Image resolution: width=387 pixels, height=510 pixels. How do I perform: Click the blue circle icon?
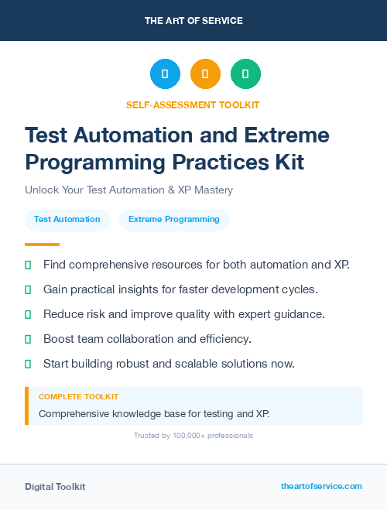click(165, 74)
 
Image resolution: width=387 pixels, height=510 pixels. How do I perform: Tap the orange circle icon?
click(205, 74)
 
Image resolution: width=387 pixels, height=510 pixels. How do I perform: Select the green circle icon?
click(245, 74)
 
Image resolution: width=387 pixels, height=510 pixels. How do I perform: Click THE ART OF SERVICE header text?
click(193, 21)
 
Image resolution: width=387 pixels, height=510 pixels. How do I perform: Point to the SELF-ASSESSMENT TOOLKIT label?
click(193, 104)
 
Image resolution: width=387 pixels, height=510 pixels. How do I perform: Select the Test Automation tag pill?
click(67, 220)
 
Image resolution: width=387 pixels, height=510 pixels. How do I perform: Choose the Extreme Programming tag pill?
click(174, 220)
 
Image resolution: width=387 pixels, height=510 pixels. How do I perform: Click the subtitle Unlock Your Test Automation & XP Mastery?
click(128, 190)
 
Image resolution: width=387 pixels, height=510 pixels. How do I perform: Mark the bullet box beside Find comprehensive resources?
click(28, 265)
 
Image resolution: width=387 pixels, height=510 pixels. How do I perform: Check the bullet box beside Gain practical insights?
click(28, 289)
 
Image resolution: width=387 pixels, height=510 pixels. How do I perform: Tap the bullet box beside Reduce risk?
click(28, 314)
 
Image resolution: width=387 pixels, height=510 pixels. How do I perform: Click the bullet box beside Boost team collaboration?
click(28, 339)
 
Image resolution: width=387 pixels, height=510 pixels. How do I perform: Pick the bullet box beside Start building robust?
click(28, 364)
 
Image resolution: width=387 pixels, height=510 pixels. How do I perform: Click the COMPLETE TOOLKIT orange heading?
click(79, 396)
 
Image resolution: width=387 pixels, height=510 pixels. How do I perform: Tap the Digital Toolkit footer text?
click(55, 487)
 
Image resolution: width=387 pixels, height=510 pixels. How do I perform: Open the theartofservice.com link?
click(321, 486)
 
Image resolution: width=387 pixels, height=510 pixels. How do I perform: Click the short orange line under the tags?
click(36, 245)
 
